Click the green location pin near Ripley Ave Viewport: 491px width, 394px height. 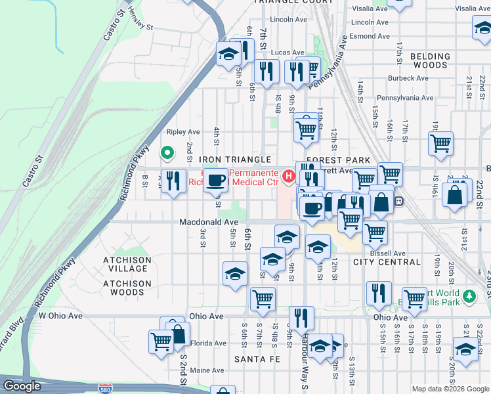click(x=167, y=154)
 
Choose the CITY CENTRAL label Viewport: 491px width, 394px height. click(x=387, y=262)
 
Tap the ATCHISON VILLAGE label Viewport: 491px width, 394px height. click(x=127, y=264)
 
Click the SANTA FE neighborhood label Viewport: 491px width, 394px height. click(x=257, y=359)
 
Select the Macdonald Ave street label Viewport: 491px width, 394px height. click(x=209, y=223)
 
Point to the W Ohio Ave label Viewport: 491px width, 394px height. click(x=60, y=316)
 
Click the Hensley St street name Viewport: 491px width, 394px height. click(x=140, y=28)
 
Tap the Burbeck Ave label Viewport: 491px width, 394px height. click(x=408, y=77)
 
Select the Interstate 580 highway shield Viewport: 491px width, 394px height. click(x=105, y=388)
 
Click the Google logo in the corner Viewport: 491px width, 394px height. click(x=22, y=386)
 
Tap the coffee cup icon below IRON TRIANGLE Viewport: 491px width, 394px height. click(x=215, y=180)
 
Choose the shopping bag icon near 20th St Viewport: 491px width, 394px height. click(x=454, y=195)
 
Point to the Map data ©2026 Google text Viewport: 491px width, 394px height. click(x=450, y=389)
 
